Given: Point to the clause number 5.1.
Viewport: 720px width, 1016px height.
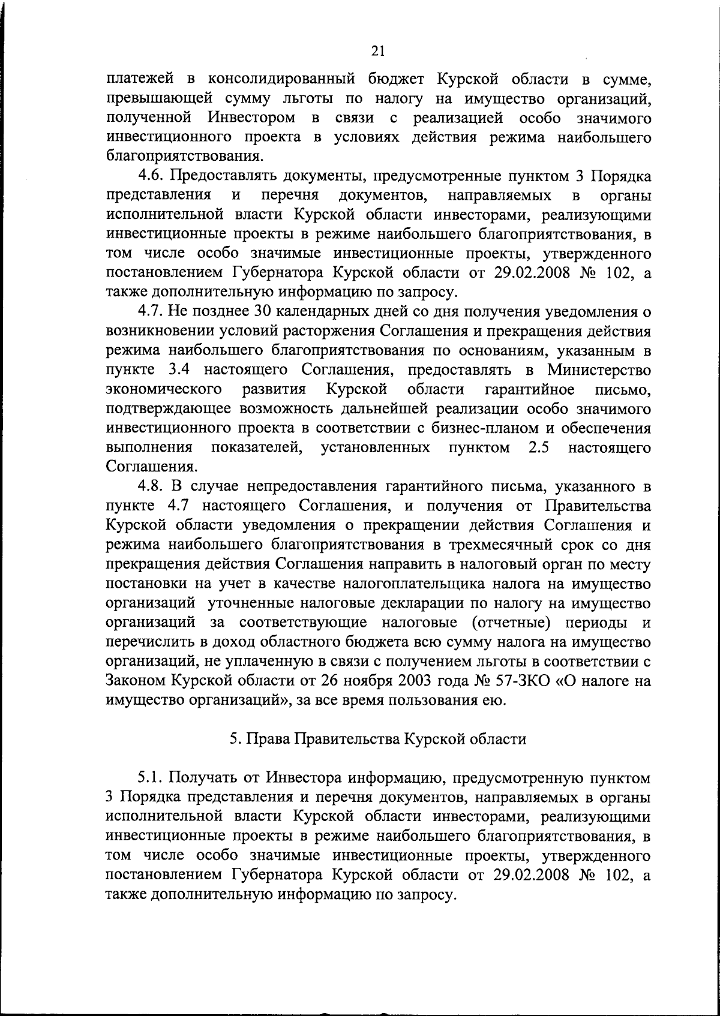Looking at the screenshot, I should pyautogui.click(x=152, y=778).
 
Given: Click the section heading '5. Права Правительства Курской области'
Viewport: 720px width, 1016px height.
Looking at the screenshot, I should pyautogui.click(x=378, y=739).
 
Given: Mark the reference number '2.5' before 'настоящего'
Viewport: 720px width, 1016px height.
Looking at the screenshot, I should pyautogui.click(x=539, y=447).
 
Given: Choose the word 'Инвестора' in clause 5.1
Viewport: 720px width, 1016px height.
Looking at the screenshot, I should pyautogui.click(x=299, y=778).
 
